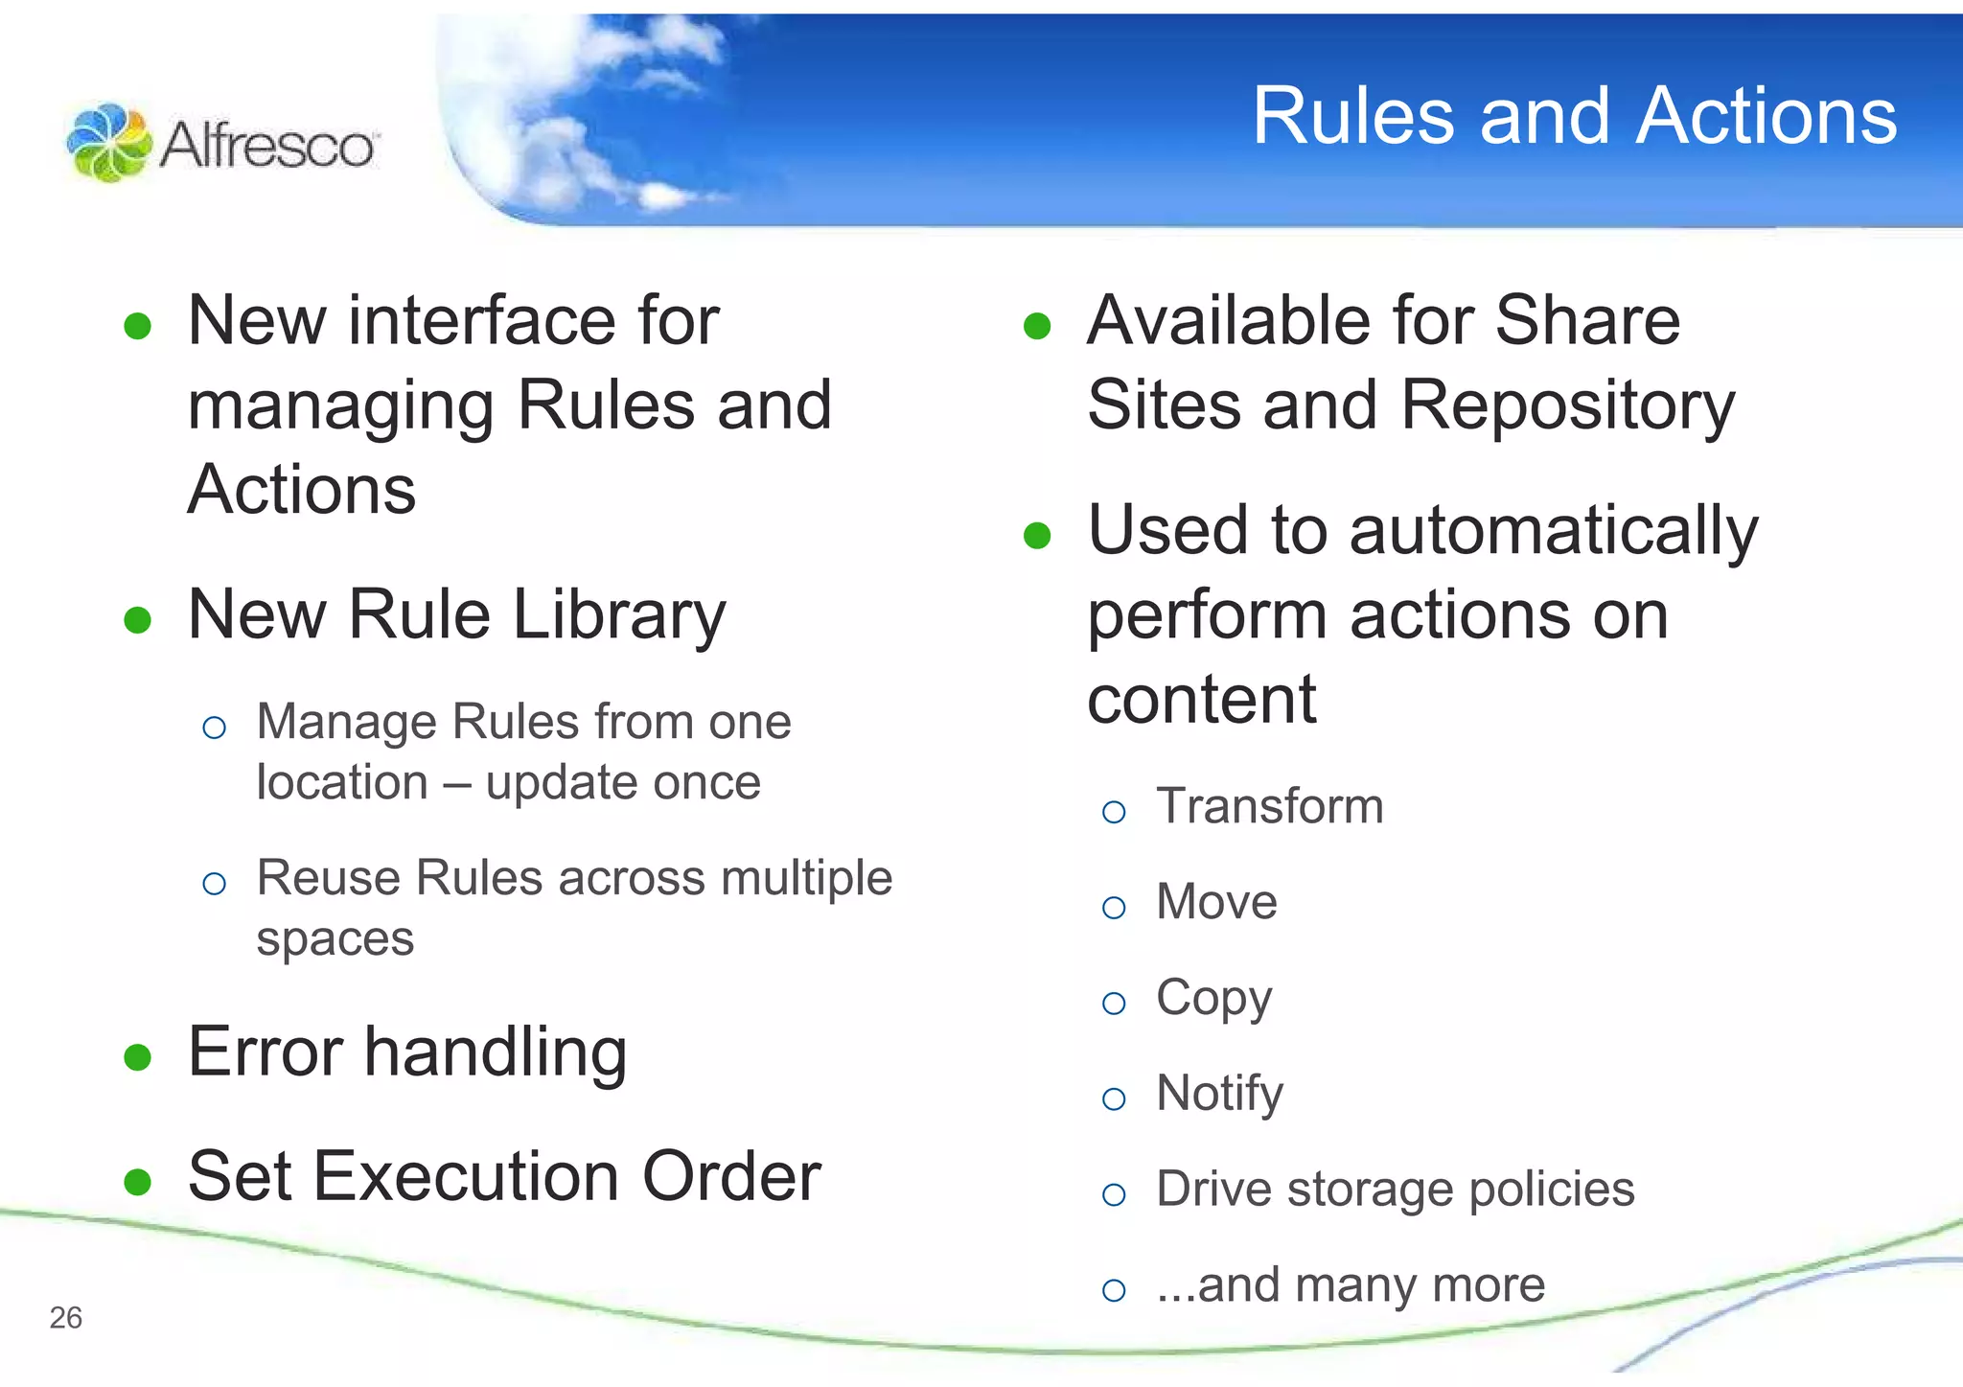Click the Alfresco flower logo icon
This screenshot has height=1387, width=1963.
(109, 143)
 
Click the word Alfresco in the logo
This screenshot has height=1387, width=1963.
(267, 147)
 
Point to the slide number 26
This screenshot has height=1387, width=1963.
(66, 1318)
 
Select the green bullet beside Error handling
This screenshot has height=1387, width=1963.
(138, 1057)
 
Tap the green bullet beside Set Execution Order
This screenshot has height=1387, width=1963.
(138, 1182)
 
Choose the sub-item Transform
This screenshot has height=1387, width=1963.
(1269, 806)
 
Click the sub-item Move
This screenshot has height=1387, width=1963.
(1216, 902)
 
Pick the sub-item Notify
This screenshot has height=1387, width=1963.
(1219, 1094)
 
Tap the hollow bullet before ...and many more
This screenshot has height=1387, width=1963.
(1114, 1290)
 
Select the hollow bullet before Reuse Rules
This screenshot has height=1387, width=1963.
(215, 883)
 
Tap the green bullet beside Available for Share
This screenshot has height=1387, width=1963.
(1037, 327)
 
